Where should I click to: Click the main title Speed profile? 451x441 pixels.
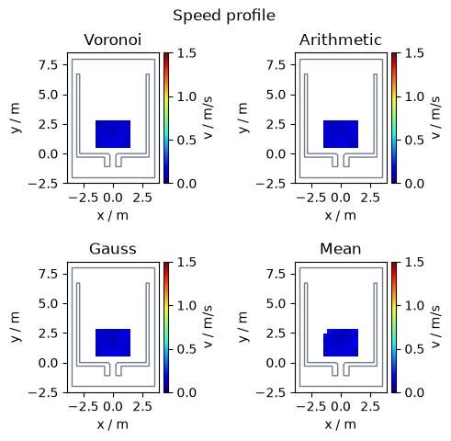[224, 16]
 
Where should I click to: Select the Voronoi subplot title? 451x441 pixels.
[113, 40]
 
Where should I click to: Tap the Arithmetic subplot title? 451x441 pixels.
[341, 40]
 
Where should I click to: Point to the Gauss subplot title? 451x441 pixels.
[113, 249]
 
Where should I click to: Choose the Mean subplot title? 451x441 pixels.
[341, 249]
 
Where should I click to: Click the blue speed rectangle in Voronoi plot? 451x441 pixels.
[113, 134]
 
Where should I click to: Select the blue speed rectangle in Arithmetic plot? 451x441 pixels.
[341, 134]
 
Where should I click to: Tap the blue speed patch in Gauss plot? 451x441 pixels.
[113, 343]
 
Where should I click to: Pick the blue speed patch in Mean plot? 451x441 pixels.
[341, 343]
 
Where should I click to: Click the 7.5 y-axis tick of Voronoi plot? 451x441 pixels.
[48, 65]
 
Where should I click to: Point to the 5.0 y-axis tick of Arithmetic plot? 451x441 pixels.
[276, 95]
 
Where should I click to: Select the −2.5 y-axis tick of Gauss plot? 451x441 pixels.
[43, 392]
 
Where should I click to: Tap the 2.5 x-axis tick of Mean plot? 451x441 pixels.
[370, 407]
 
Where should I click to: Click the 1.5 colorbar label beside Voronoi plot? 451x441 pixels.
[187, 53]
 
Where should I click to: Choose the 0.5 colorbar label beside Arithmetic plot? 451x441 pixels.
[414, 141]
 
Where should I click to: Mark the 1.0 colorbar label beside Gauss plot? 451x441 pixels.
[187, 306]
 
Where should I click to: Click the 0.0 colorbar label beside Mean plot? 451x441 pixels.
[414, 392]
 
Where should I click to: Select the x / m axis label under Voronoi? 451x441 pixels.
[113, 216]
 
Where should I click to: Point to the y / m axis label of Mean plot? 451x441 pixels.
[242, 327]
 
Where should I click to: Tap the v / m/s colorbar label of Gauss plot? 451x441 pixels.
[208, 327]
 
